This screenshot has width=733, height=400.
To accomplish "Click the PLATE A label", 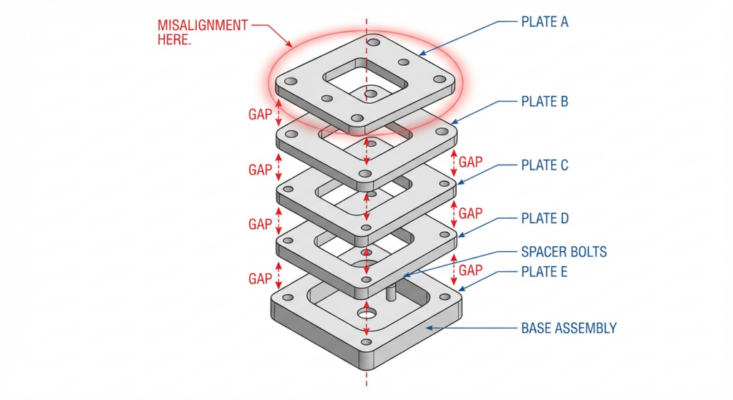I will tap(544, 21).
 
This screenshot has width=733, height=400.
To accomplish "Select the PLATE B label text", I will tap(544, 102).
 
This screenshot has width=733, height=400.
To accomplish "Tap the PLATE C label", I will tap(544, 165).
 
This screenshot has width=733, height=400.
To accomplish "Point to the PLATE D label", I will tap(544, 218).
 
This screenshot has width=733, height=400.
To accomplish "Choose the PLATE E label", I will tap(544, 272).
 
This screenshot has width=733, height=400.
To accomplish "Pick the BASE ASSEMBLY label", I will tap(568, 328).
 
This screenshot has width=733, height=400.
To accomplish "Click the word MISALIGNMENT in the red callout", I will tap(203, 25).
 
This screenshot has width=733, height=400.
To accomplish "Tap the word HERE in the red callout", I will tap(174, 39).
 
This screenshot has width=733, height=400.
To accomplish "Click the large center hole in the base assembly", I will tap(367, 313).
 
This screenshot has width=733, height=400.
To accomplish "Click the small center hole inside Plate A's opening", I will tap(370, 93).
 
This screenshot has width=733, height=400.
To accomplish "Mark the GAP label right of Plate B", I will tap(470, 162).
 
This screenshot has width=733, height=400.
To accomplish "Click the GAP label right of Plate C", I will tap(470, 213).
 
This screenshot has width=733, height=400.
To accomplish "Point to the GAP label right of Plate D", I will tap(470, 270).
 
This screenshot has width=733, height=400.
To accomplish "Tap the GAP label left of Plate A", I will tap(260, 114).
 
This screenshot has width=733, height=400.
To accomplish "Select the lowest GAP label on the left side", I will tap(260, 278).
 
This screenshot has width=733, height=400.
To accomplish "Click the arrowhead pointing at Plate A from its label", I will tap(421, 54).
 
